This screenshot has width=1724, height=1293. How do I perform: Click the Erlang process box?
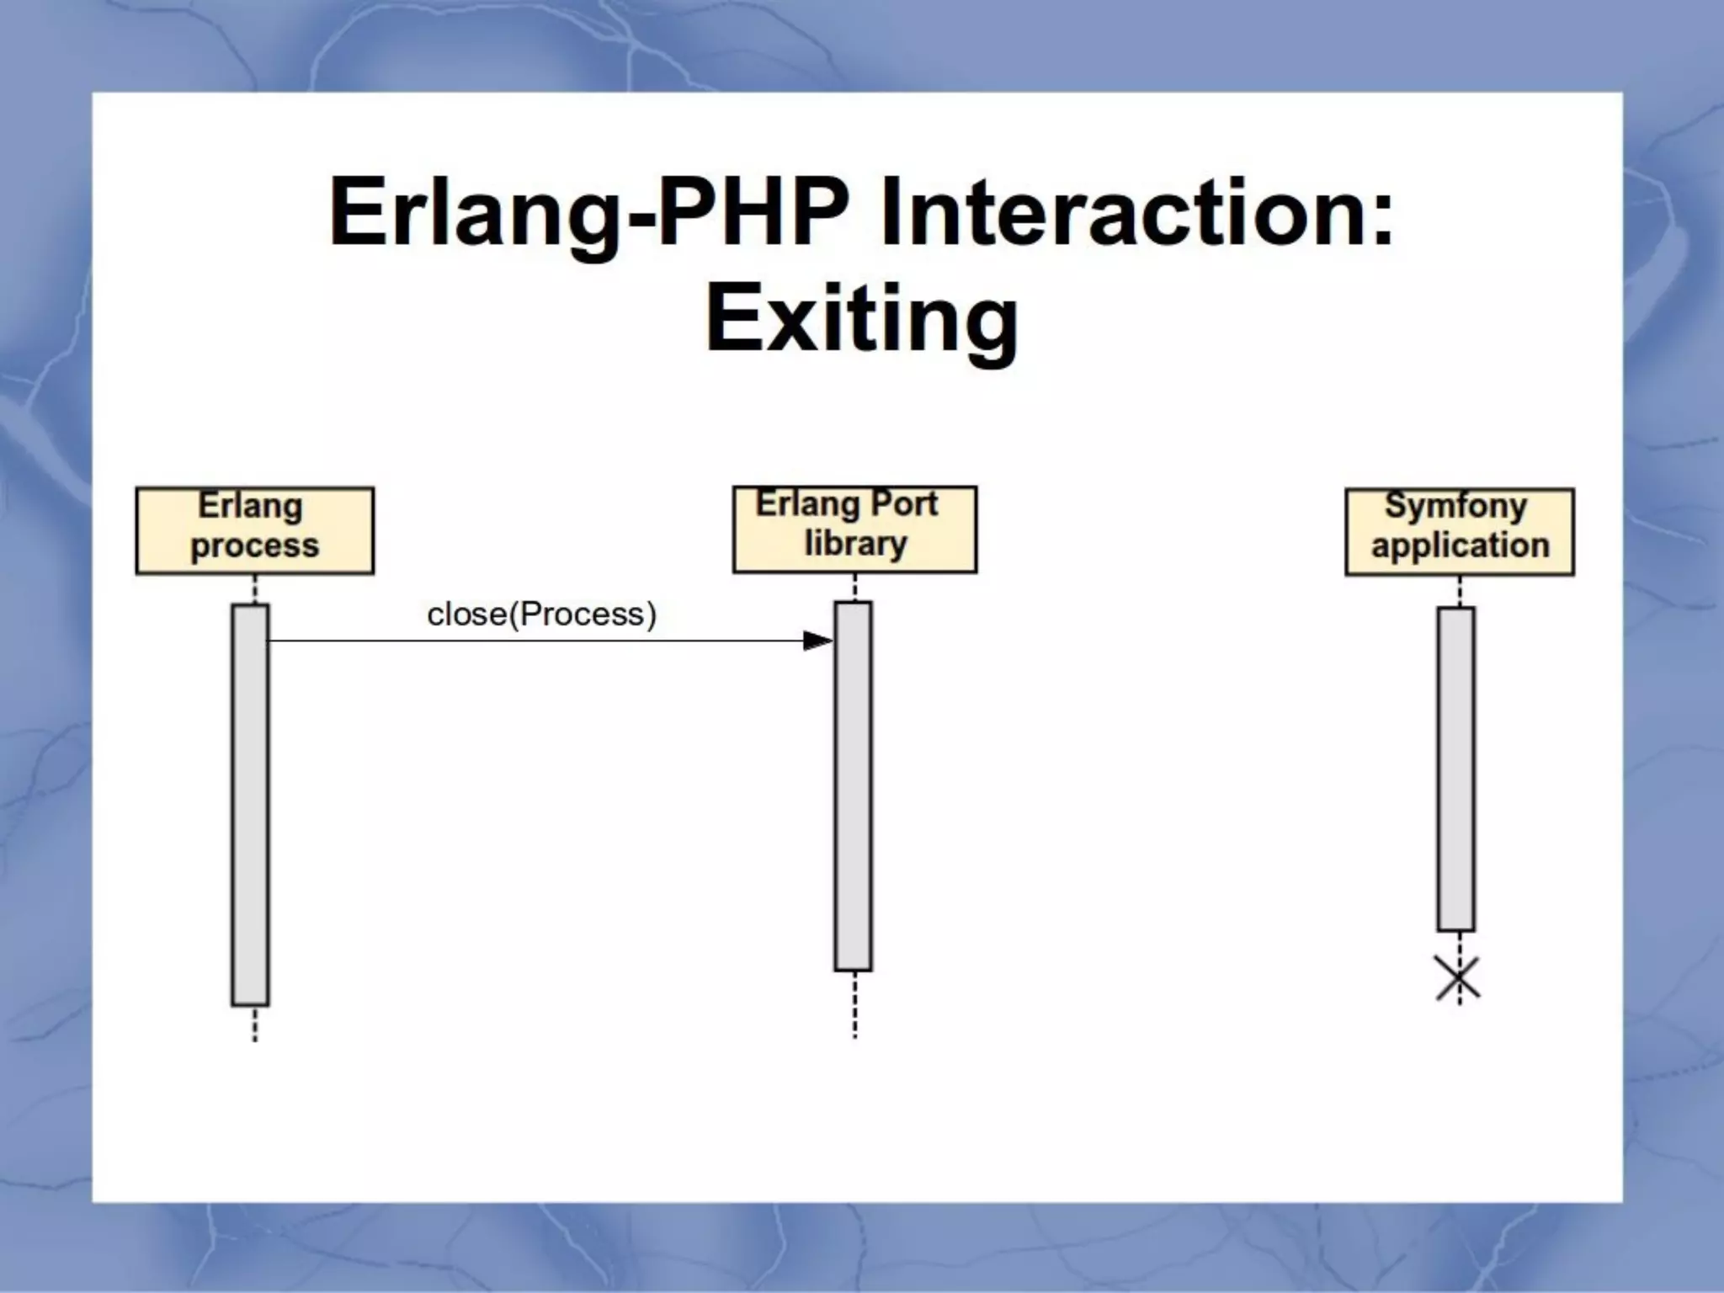coord(254,530)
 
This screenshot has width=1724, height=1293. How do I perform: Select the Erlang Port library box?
coord(854,529)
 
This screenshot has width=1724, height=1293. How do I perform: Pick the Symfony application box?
coord(1459,531)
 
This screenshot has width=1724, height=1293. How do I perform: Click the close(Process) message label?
coord(541,615)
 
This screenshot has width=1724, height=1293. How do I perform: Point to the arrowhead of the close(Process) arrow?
coord(817,641)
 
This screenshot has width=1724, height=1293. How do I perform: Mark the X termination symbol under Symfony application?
coord(1458,979)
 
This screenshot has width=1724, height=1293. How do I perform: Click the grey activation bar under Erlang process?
coord(250,804)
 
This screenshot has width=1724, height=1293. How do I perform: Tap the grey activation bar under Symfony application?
coord(1455,769)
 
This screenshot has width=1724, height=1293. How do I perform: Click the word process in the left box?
coord(254,546)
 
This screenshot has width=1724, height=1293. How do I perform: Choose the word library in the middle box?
coord(855,544)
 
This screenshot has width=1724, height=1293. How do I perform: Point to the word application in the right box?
coord(1460,545)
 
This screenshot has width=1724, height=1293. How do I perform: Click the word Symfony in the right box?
coord(1455,506)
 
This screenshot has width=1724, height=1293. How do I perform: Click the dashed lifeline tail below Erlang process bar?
coord(255,1024)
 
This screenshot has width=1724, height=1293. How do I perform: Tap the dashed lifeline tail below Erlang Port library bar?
coord(854,1005)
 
